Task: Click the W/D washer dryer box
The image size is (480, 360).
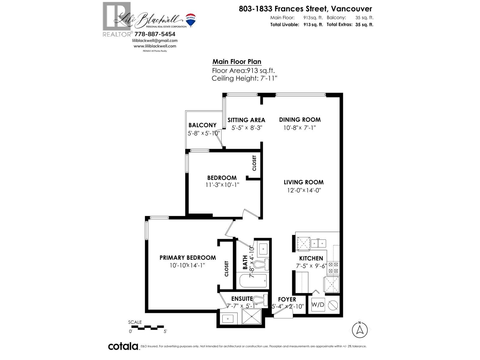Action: coord(318,305)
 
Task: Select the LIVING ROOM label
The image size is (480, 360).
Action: coord(304,182)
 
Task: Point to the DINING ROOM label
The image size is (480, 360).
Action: coord(300,120)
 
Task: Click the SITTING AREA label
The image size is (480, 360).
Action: coord(246,120)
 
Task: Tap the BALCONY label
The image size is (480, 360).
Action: coord(202,125)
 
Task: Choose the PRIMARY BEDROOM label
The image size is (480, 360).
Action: coord(187,258)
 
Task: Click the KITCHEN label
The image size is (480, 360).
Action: coord(311,258)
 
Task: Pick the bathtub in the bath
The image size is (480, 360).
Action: coord(253,281)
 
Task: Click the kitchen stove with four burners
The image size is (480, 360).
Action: coord(333,268)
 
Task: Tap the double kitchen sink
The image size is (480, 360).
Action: coord(318,243)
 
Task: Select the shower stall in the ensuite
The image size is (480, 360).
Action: coord(252,316)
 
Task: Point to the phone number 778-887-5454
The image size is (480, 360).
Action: coord(155,34)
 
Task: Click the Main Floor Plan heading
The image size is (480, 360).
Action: coord(237,62)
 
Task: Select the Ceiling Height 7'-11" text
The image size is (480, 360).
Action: coord(244,79)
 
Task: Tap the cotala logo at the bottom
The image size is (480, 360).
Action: coord(123,346)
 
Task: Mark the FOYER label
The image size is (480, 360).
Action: coord(287,299)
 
